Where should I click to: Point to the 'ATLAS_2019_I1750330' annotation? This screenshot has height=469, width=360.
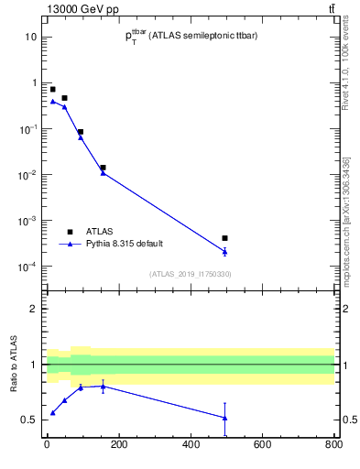[190, 274]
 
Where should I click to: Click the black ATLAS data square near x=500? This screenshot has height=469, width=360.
[224, 238]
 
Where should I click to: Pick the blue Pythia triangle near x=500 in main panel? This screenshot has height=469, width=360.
[224, 251]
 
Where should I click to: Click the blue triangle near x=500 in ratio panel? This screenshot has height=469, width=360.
[224, 418]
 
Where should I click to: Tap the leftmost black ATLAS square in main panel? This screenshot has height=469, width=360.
[52, 89]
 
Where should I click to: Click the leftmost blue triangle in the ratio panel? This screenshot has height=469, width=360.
[52, 413]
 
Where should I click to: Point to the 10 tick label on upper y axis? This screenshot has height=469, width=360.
[30, 37]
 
